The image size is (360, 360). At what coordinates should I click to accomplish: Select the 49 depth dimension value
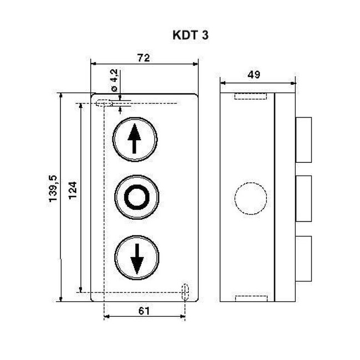click(254, 74)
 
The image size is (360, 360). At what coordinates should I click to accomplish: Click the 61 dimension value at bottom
click(144, 311)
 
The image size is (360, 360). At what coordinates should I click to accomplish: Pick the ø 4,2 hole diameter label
click(114, 81)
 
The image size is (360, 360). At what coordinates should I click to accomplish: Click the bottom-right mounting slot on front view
click(186, 291)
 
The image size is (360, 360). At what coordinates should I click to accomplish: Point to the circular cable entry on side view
click(246, 197)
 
